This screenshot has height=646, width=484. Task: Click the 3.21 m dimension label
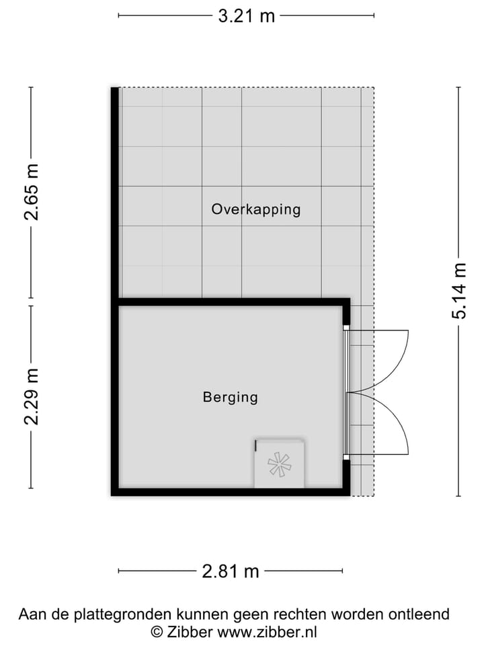(x=246, y=16)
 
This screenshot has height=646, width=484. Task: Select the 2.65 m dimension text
(x=32, y=192)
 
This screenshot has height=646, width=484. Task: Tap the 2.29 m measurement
(x=32, y=396)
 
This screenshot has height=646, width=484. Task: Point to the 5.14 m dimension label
(x=459, y=291)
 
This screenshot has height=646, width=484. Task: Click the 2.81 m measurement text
(x=231, y=571)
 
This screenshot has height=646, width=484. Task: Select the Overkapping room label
(x=255, y=209)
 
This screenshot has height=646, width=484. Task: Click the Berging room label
(x=230, y=397)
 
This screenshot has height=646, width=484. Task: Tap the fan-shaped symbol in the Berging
(x=279, y=465)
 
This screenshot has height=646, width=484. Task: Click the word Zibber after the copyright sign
(x=190, y=632)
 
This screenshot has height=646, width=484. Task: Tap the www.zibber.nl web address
(x=268, y=632)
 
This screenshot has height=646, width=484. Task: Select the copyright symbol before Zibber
(x=157, y=632)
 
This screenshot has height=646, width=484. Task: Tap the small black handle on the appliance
(x=256, y=445)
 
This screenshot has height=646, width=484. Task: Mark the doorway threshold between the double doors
(x=346, y=393)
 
